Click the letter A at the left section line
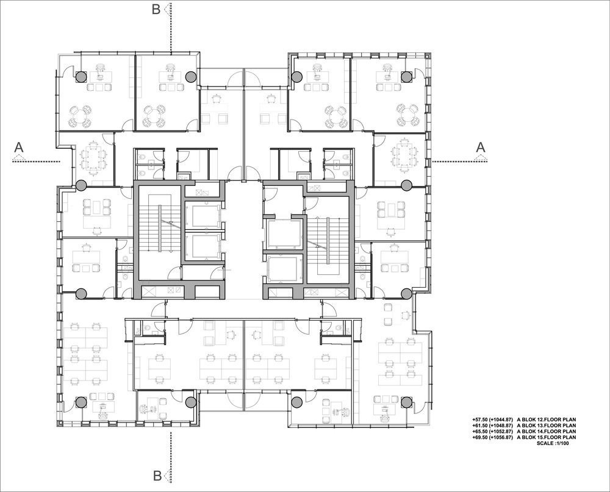coord(19,148)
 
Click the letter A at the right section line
coord(481,148)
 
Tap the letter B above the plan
coord(156,9)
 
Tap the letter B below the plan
coord(157,476)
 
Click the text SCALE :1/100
coord(553,443)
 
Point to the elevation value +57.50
coord(480,419)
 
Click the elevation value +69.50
coord(480,437)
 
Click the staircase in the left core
coord(159,233)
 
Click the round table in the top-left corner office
coord(79,116)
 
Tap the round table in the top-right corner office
coord(407,115)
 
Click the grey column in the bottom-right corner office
coord(406,402)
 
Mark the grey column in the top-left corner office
coord(81,77)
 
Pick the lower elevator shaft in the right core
coord(283,268)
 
